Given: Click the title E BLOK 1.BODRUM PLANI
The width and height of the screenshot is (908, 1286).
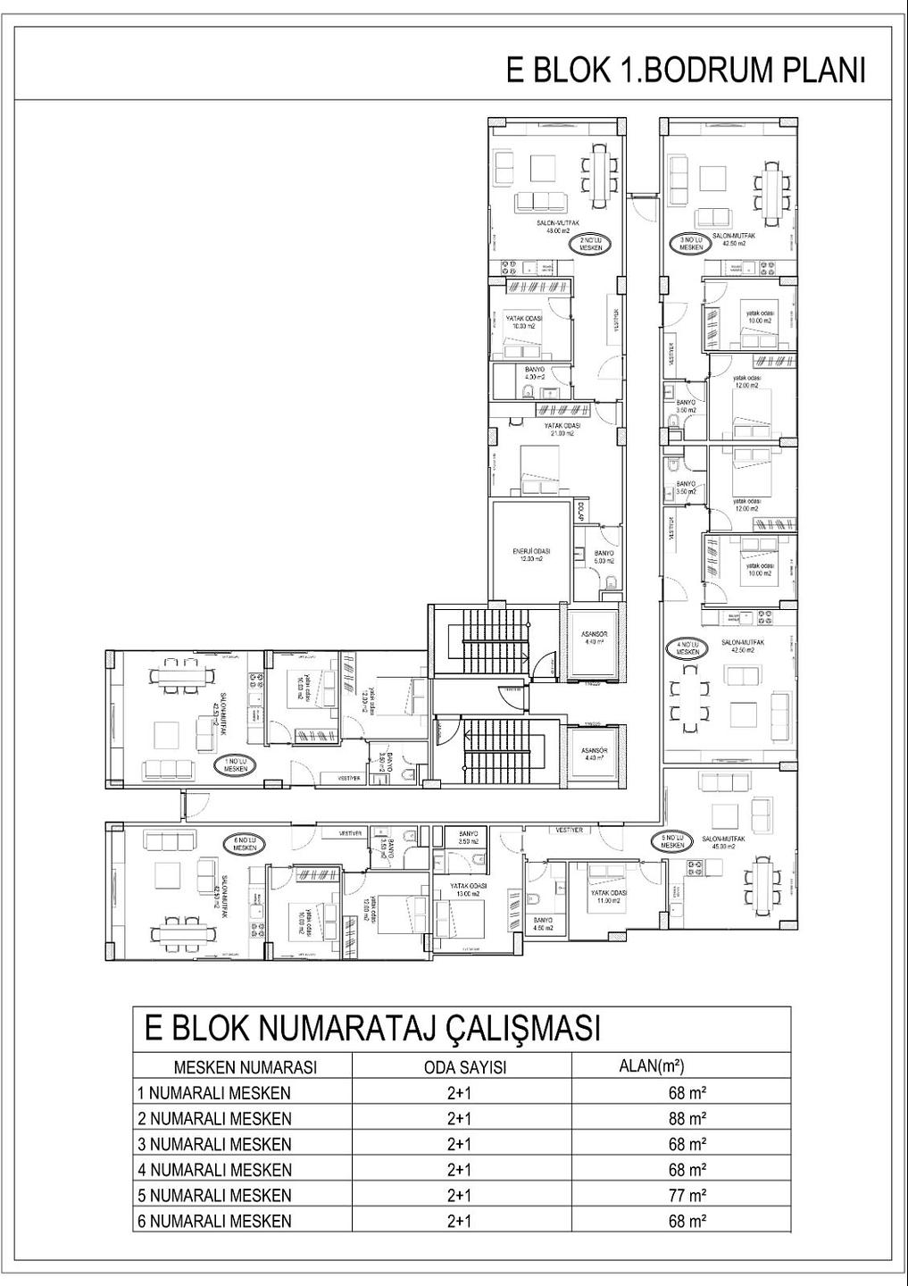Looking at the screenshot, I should [x=686, y=71].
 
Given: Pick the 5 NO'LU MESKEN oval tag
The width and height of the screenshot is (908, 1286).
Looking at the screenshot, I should [x=672, y=840].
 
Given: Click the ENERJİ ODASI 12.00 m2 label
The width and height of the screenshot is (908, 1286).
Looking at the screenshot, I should [x=531, y=555].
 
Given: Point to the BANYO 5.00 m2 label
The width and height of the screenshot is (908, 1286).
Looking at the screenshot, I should [x=604, y=557].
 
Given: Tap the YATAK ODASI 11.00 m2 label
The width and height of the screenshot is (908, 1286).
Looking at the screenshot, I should [x=607, y=898].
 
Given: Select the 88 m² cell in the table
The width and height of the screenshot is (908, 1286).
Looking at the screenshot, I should [x=687, y=1118].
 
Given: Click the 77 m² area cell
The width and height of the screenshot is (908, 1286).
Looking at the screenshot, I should [x=687, y=1195].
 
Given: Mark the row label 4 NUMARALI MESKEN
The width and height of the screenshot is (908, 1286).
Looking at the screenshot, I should [x=214, y=1170].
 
